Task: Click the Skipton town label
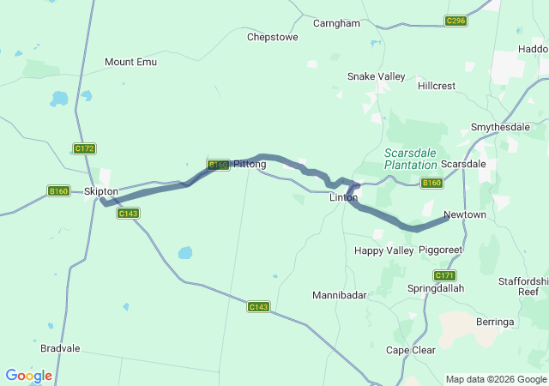(101, 191)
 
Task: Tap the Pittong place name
(250, 164)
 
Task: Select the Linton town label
(344, 197)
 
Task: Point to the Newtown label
(465, 214)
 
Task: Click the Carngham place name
(336, 23)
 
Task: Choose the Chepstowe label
(273, 37)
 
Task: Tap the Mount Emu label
(131, 62)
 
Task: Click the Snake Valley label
(376, 76)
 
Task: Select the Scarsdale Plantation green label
(410, 158)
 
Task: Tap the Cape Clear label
(411, 350)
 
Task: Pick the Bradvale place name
(60, 349)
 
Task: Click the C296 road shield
(455, 21)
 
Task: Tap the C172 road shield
(84, 148)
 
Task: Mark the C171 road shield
(444, 275)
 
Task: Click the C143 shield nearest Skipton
(128, 213)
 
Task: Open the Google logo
(28, 376)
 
